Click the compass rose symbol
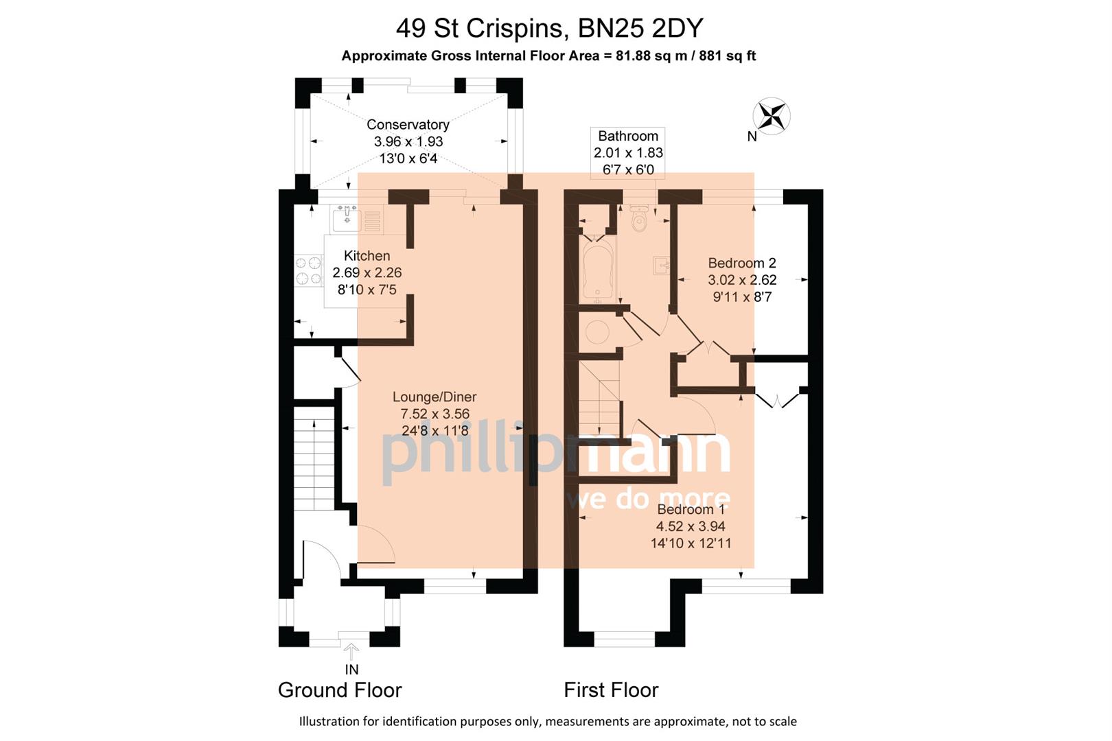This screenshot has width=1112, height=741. (x=772, y=115)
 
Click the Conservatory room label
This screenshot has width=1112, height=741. (x=408, y=124)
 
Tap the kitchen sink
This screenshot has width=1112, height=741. (x=347, y=220)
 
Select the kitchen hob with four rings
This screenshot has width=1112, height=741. (x=309, y=270)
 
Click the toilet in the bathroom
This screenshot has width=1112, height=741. (x=639, y=220)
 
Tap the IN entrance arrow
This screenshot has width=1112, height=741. (x=351, y=651)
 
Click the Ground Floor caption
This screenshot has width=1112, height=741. (x=340, y=690)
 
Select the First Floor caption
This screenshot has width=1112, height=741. (x=611, y=690)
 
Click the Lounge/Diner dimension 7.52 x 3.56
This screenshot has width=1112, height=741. (x=435, y=414)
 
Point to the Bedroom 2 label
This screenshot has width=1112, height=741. (x=742, y=263)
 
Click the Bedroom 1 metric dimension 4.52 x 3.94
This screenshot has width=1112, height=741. (x=691, y=526)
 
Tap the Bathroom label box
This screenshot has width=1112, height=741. (x=628, y=152)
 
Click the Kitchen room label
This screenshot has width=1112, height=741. (x=367, y=256)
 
